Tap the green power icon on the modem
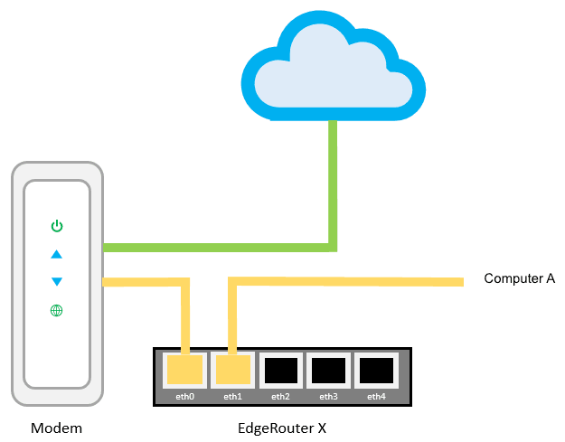click(x=57, y=225)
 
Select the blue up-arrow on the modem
click(x=57, y=254)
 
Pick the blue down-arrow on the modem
click(x=57, y=281)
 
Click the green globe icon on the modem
click(x=57, y=311)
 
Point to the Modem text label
click(x=56, y=428)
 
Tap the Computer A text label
click(x=519, y=279)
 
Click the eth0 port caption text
click(x=185, y=396)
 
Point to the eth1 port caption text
click(x=233, y=396)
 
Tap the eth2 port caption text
click(x=280, y=396)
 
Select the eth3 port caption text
click(x=328, y=396)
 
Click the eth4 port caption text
click(x=376, y=396)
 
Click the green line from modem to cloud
click(x=217, y=247)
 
